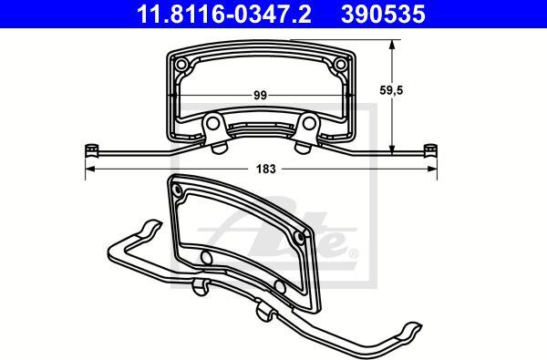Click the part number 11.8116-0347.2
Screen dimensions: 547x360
223,14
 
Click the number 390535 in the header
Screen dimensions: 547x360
383,14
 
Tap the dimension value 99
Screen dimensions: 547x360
260,95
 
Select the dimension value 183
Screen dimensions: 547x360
266,169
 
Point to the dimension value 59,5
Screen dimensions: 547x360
391,90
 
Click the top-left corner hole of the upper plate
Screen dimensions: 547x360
181,64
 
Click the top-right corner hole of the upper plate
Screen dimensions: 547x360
340,64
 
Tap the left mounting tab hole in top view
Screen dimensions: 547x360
212,123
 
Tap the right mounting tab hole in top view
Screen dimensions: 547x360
309,123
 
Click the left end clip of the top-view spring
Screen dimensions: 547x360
91,150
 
